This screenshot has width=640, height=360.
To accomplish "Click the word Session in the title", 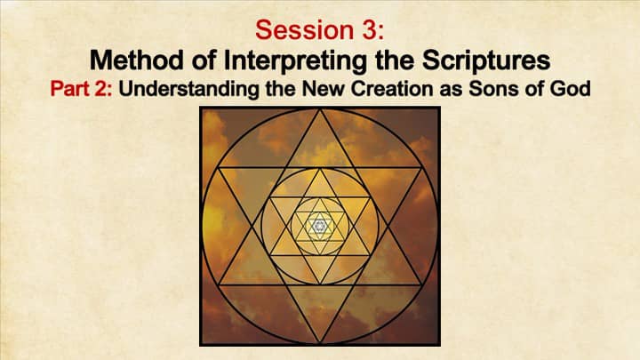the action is point(305,30).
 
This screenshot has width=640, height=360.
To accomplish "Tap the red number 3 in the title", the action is point(371,30).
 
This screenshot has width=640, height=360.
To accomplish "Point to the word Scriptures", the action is point(486,61).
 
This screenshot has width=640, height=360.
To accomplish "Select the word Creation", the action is point(392,89).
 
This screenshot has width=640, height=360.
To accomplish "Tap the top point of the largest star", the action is point(320,109).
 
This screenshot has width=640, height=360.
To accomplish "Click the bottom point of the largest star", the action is point(320,343).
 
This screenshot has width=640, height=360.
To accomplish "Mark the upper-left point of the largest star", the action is point(219,167).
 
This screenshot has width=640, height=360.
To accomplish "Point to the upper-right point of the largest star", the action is point(420,167).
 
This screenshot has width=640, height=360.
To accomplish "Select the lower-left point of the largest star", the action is point(219,284).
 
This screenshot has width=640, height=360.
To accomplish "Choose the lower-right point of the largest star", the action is point(420,284).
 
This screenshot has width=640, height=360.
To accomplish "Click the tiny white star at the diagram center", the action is point(320,226).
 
